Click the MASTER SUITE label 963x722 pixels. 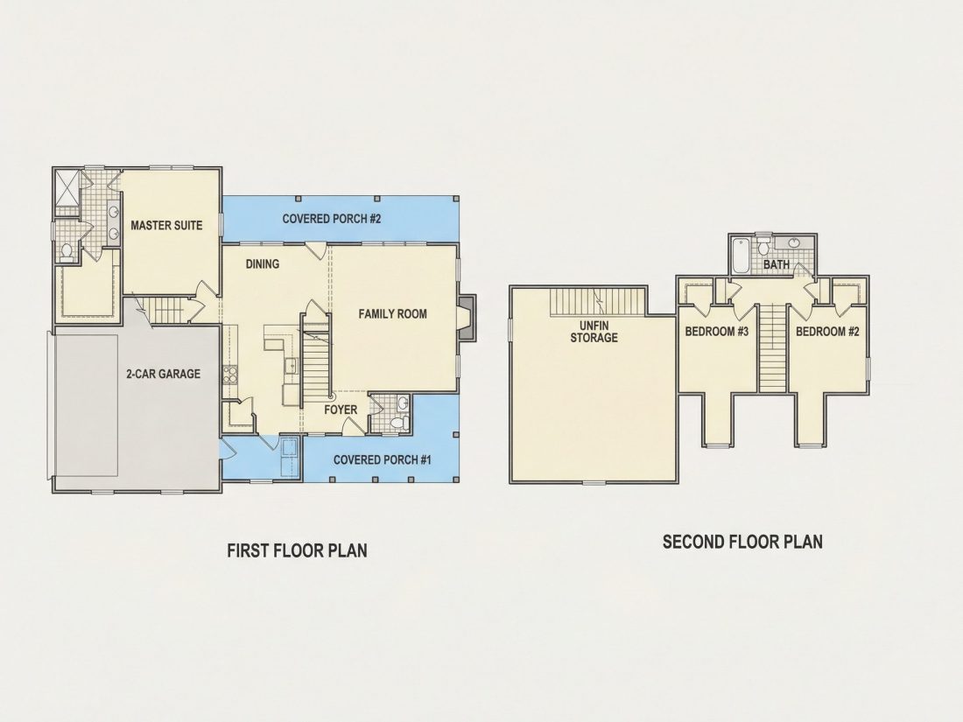(166, 225)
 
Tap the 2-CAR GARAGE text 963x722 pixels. (164, 374)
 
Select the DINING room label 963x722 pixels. (263, 264)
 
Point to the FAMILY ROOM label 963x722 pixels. (392, 313)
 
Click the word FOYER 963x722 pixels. (341, 410)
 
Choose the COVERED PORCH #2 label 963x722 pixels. (332, 219)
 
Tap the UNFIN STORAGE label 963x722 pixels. (594, 332)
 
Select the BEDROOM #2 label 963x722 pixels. (827, 332)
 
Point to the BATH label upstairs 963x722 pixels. (777, 264)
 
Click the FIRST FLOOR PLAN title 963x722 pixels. (298, 550)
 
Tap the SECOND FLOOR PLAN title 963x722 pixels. (742, 542)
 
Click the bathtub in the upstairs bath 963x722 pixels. (740, 256)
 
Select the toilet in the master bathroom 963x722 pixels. (67, 252)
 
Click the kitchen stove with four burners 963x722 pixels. (230, 375)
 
